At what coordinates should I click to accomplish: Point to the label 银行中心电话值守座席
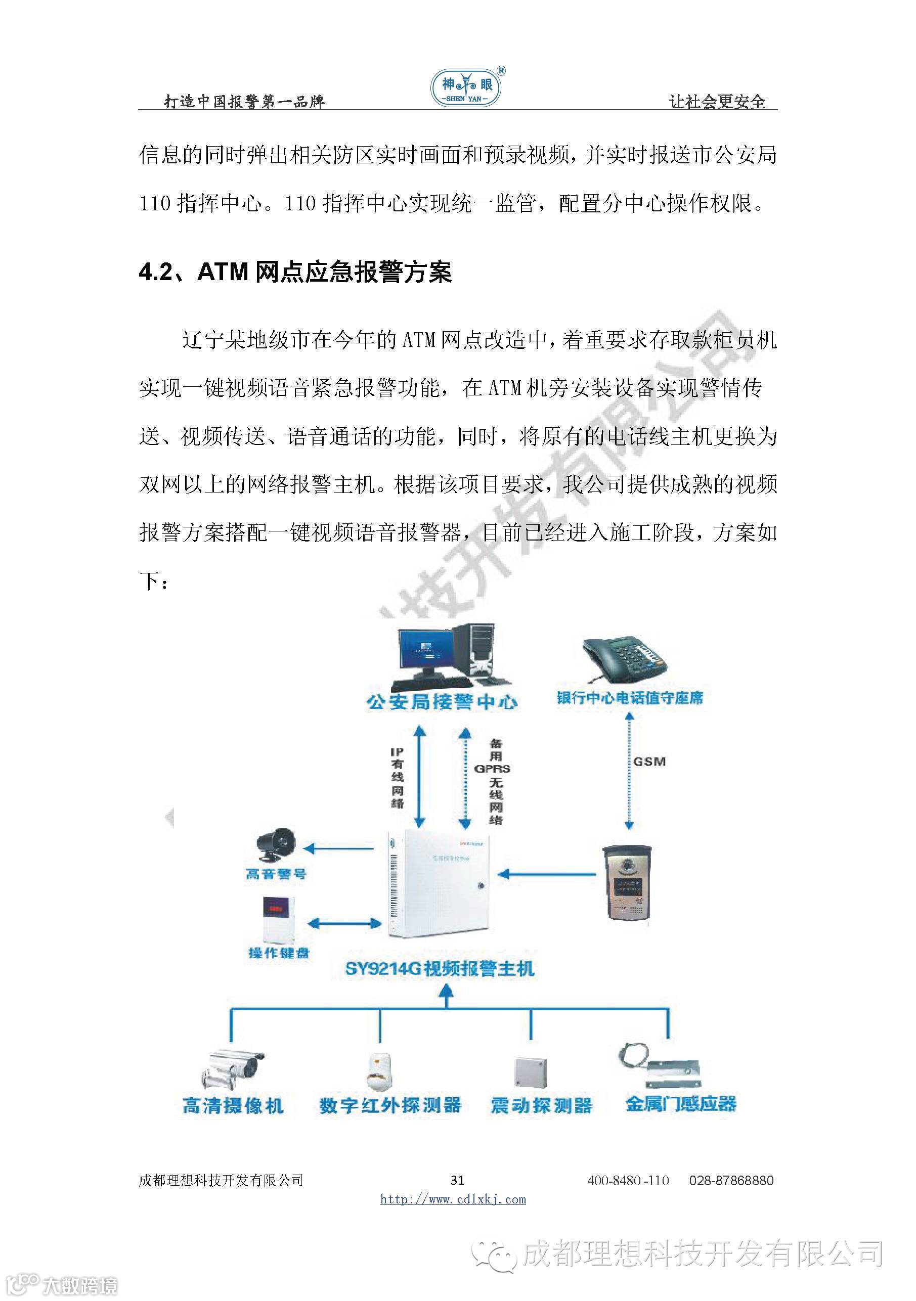629,698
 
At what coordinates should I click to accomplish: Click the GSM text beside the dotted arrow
649,761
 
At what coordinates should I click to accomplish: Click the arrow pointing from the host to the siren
338,848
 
